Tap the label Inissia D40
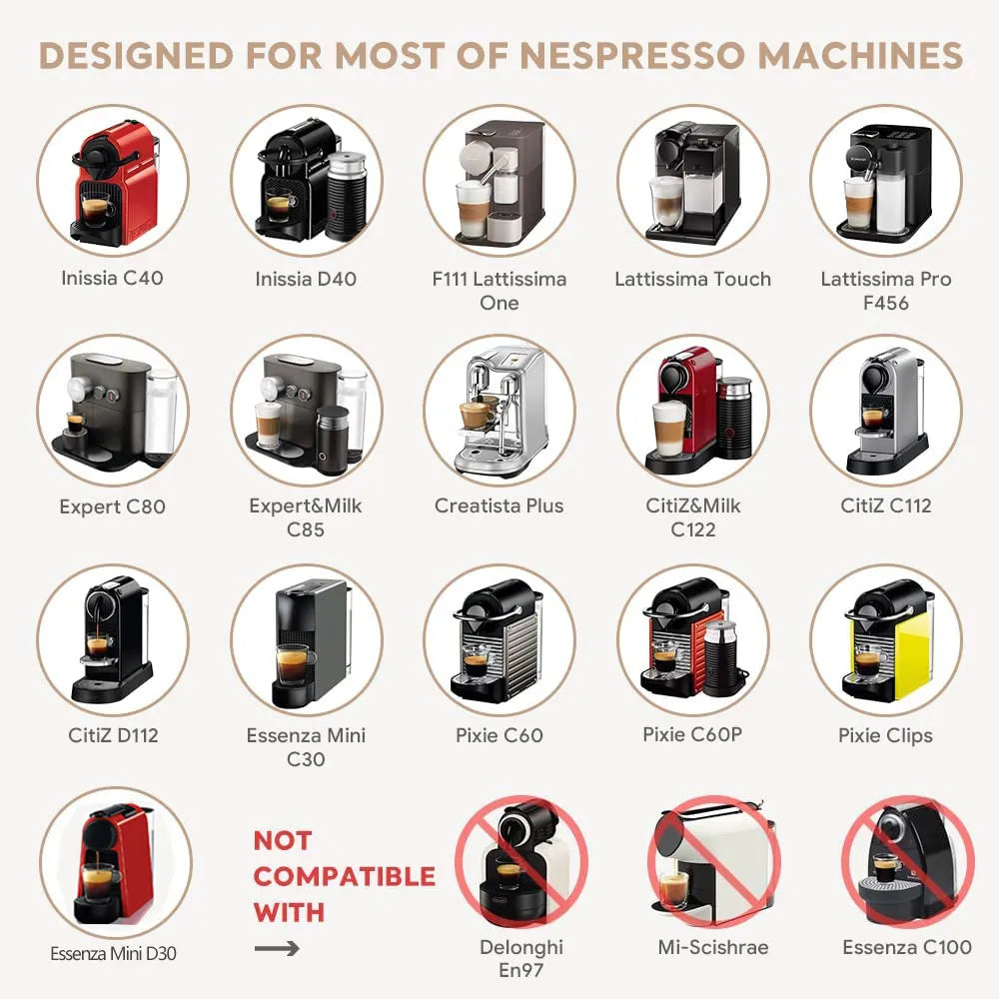tap(306, 279)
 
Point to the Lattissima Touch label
tap(692, 279)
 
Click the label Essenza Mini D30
tap(113, 953)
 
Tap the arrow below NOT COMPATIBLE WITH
tap(276, 947)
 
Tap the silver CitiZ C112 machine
tap(885, 410)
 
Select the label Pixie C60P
tap(692, 734)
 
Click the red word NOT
tap(282, 840)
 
